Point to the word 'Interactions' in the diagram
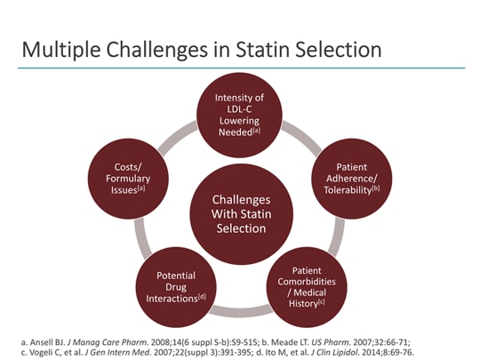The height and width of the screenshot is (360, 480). point(165,299)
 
